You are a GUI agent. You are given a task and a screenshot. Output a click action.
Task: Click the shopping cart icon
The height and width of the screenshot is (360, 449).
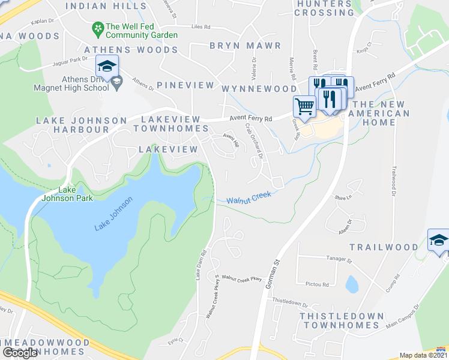[x=304, y=106]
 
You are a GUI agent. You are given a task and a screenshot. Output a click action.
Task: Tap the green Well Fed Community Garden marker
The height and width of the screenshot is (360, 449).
[x=97, y=28]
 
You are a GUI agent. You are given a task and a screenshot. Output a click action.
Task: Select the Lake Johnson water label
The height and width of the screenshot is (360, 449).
[x=113, y=217]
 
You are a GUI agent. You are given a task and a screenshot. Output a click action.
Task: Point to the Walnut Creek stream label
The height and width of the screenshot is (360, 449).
[x=249, y=197]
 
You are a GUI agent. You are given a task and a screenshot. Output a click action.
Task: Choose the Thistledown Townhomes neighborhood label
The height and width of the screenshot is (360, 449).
[x=342, y=320]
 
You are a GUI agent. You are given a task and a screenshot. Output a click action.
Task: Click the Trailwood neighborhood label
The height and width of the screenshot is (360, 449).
[x=384, y=247]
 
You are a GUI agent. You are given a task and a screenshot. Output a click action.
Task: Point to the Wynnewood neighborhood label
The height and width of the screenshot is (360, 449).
[x=259, y=89]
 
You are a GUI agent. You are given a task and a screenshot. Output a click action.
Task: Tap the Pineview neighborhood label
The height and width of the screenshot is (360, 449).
[x=185, y=85]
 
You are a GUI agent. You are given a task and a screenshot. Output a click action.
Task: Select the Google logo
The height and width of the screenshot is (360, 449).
[x=20, y=353]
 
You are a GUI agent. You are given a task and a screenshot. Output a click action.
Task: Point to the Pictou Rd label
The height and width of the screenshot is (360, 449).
[x=317, y=284]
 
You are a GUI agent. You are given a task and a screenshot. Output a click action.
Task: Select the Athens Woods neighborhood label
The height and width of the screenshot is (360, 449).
[x=131, y=50]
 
